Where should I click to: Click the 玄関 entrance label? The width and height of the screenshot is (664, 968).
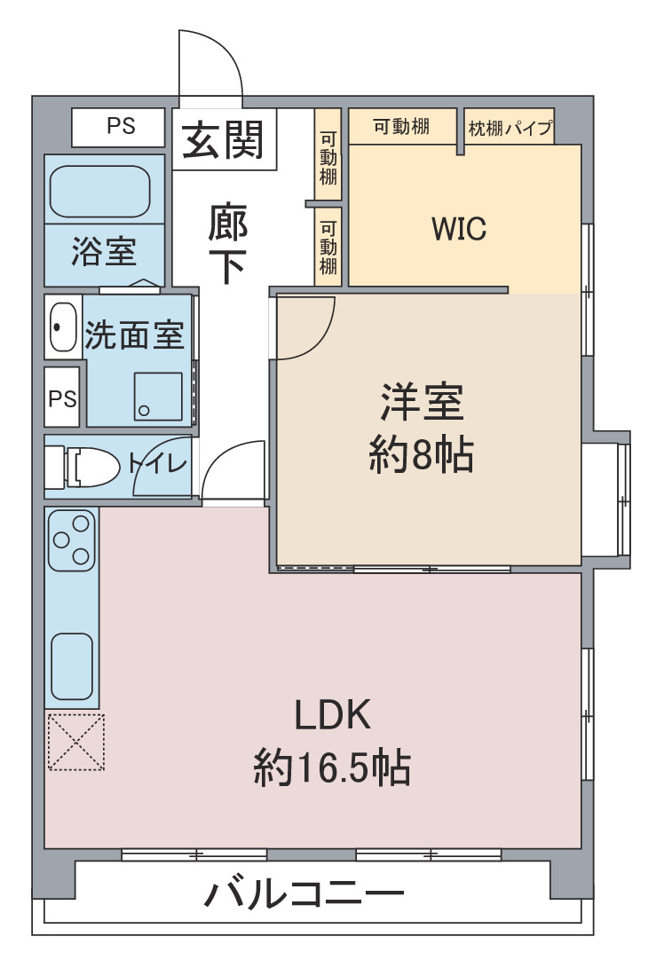tap(223, 139)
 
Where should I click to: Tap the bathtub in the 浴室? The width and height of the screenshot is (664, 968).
tap(99, 191)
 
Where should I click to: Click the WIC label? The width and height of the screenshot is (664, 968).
tap(459, 228)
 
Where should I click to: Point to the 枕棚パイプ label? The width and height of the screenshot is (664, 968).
tap(510, 129)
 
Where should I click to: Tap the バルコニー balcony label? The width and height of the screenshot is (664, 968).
tap(304, 893)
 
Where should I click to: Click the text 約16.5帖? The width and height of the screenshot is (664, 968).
tap(332, 767)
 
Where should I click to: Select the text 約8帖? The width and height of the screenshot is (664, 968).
tap(422, 455)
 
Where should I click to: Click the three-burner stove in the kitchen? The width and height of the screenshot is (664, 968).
tap(72, 540)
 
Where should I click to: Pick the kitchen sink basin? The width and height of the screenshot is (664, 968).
tap(72, 666)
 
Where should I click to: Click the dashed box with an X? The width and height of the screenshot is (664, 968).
tap(76, 742)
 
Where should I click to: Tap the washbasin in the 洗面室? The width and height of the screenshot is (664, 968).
tap(62, 327)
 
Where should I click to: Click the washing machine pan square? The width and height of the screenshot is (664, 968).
tap(158, 397)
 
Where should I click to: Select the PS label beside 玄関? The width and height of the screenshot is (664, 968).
tap(121, 126)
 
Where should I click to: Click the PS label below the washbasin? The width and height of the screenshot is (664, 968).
tap(62, 398)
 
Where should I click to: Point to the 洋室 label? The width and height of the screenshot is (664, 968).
tap(422, 402)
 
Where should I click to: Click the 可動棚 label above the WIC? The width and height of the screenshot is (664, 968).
tap(401, 127)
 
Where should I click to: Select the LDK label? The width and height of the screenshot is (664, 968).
tap(332, 714)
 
